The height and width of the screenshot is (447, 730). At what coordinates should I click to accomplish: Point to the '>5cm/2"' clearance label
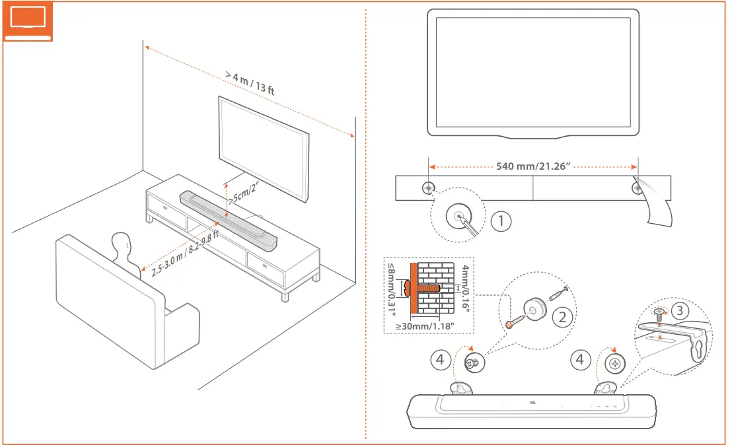point(243,193)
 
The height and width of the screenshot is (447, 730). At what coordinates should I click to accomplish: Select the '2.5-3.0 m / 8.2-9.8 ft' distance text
point(185,252)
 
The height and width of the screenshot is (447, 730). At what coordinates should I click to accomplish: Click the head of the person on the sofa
point(122,246)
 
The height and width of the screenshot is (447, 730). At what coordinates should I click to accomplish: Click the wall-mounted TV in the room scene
point(264,147)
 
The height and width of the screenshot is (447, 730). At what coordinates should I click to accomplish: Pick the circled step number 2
point(562,316)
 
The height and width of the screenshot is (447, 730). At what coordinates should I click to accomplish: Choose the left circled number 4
point(442,360)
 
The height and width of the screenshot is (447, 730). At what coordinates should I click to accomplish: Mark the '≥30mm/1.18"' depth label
point(427,326)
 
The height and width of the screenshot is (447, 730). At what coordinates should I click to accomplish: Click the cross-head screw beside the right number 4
point(615,363)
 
